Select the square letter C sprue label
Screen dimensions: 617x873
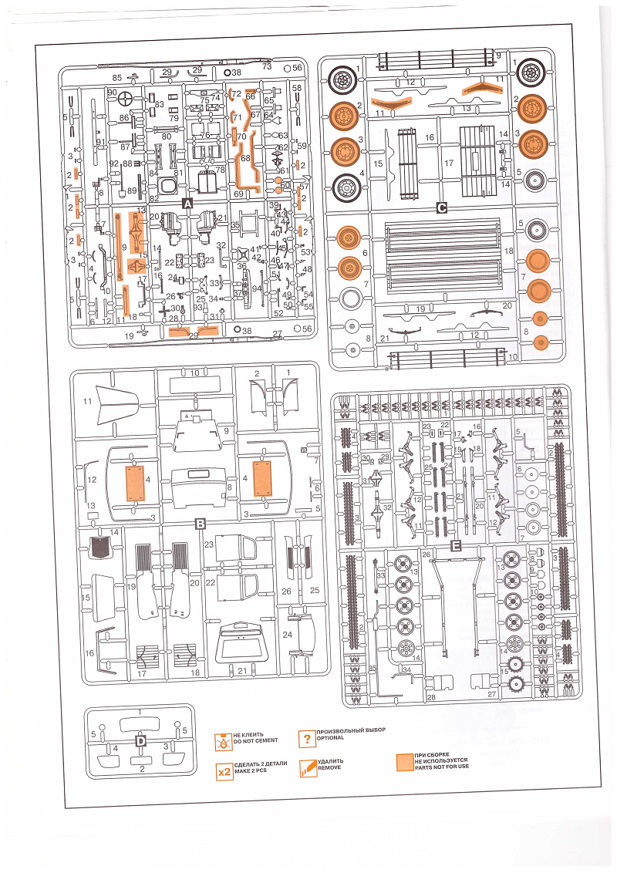[x=442, y=207]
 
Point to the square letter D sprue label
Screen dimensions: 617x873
[x=141, y=741]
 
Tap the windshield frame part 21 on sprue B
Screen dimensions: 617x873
[x=242, y=642]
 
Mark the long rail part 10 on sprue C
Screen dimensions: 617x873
[x=440, y=358]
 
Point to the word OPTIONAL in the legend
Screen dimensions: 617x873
[x=330, y=737]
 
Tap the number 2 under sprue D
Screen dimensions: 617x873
[x=141, y=769]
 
